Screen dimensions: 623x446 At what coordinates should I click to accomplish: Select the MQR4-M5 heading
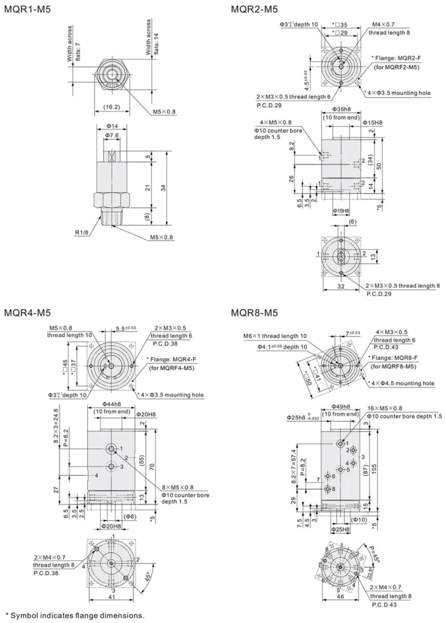click(27, 313)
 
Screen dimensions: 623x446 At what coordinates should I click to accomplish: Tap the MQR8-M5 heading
click(254, 313)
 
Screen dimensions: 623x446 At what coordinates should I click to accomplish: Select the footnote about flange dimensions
click(75, 614)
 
